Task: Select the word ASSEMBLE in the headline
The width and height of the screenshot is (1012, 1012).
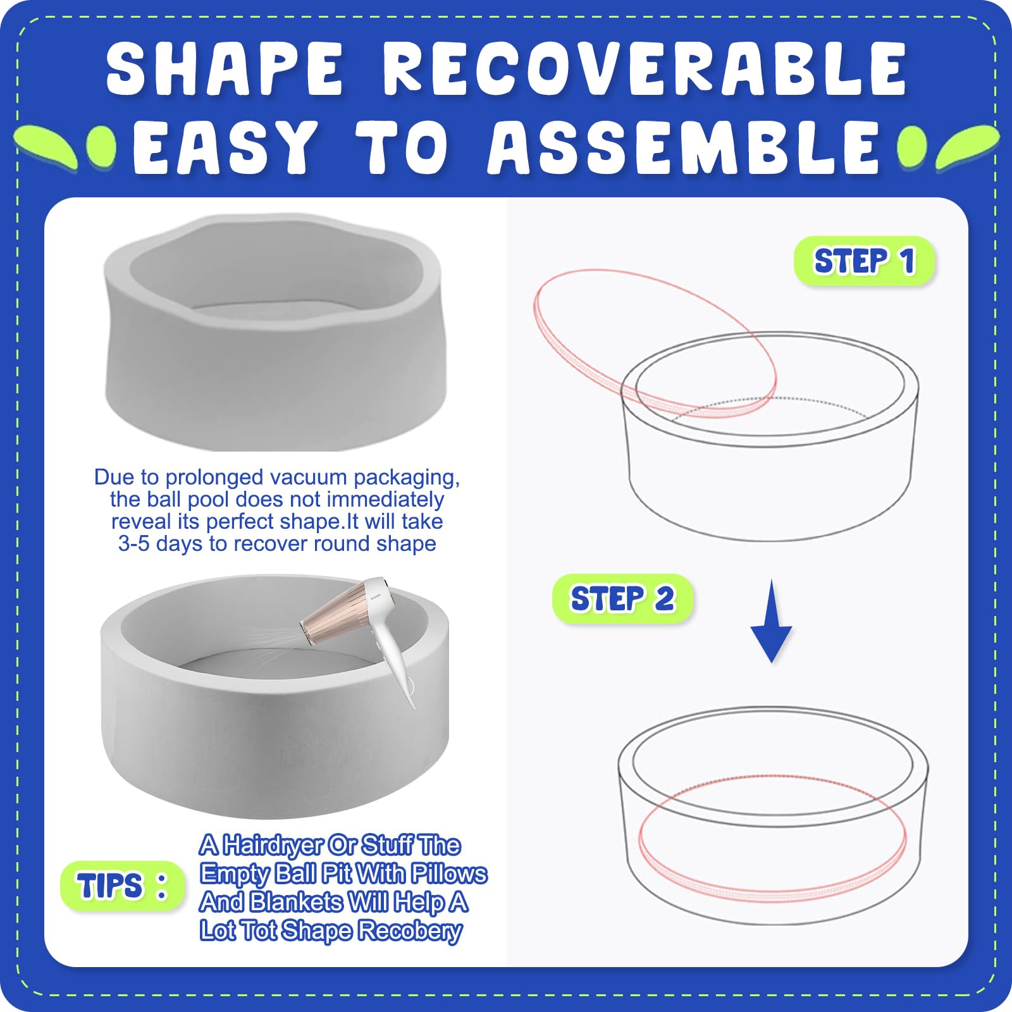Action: pos(684,147)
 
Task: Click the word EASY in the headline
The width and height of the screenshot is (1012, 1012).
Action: pos(225,147)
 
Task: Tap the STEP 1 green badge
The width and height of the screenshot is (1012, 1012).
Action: pos(864,261)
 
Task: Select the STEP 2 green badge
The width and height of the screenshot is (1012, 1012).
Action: pos(623,598)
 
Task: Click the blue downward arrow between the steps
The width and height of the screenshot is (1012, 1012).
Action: pos(771,622)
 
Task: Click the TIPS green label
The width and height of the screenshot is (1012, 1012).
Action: pos(122,885)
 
